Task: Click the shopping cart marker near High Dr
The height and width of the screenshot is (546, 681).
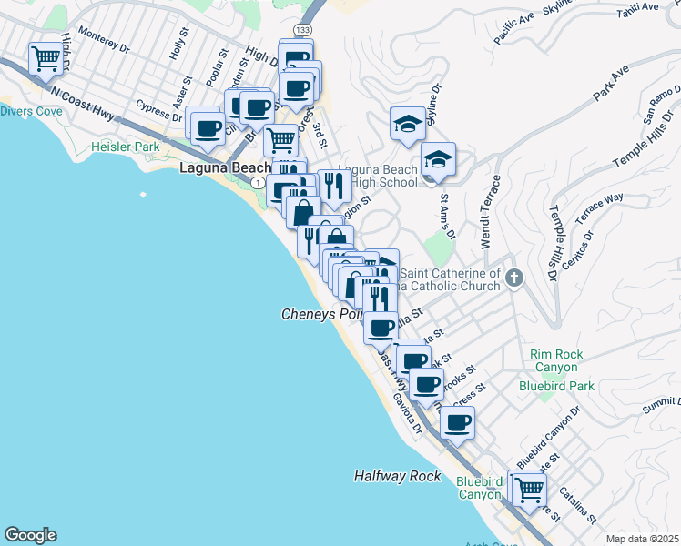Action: [46, 60]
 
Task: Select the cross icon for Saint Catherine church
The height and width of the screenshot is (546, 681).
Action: [514, 278]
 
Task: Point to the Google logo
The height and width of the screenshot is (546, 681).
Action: [30, 535]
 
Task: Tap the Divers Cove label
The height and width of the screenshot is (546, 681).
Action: [31, 112]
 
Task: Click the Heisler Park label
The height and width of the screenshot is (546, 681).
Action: [125, 147]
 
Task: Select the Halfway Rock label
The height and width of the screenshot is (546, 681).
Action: [397, 476]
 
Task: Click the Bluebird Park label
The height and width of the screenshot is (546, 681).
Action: [556, 386]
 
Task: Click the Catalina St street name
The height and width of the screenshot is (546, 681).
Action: [578, 506]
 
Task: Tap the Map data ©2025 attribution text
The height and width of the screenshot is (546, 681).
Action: [643, 539]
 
